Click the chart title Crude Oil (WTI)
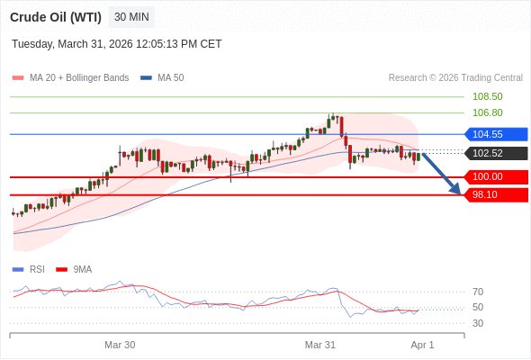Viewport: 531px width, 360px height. (56, 17)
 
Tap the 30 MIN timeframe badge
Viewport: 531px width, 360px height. (131, 17)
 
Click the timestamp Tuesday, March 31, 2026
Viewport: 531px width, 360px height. (116, 44)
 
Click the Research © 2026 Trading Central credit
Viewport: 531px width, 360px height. (455, 77)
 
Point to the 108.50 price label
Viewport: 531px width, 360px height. (487, 96)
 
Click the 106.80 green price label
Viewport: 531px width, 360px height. (487, 112)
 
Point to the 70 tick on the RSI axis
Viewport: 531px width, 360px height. (478, 292)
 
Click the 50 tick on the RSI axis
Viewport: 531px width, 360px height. (478, 307)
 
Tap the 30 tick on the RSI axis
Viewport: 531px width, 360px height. (478, 323)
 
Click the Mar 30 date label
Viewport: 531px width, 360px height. (120, 345)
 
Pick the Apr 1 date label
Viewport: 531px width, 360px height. (422, 345)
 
